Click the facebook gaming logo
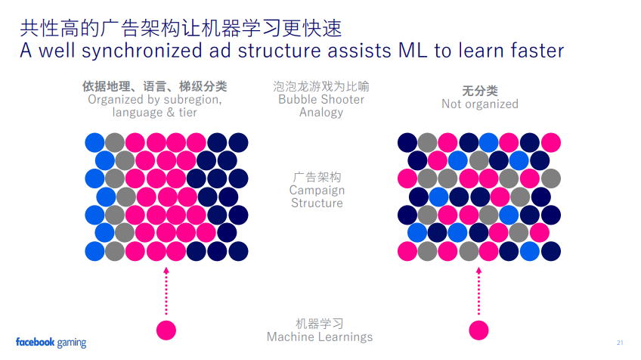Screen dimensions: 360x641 coord(51,342)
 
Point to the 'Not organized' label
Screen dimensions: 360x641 coord(480,104)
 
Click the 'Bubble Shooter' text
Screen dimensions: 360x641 coord(320,99)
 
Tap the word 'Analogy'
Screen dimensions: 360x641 coord(320,112)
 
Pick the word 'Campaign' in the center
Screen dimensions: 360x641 coord(317,190)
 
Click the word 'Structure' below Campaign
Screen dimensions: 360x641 coord(317,203)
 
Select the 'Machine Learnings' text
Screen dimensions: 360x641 coord(320,337)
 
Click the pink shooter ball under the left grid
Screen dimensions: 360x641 coord(166,330)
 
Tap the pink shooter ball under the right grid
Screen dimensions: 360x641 coord(478,330)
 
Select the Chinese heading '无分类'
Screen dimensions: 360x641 coord(480,91)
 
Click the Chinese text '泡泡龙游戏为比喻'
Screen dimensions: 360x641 coord(320,86)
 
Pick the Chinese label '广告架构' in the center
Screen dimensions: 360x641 coord(317,176)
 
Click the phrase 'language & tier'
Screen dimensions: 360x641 coord(155,112)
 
